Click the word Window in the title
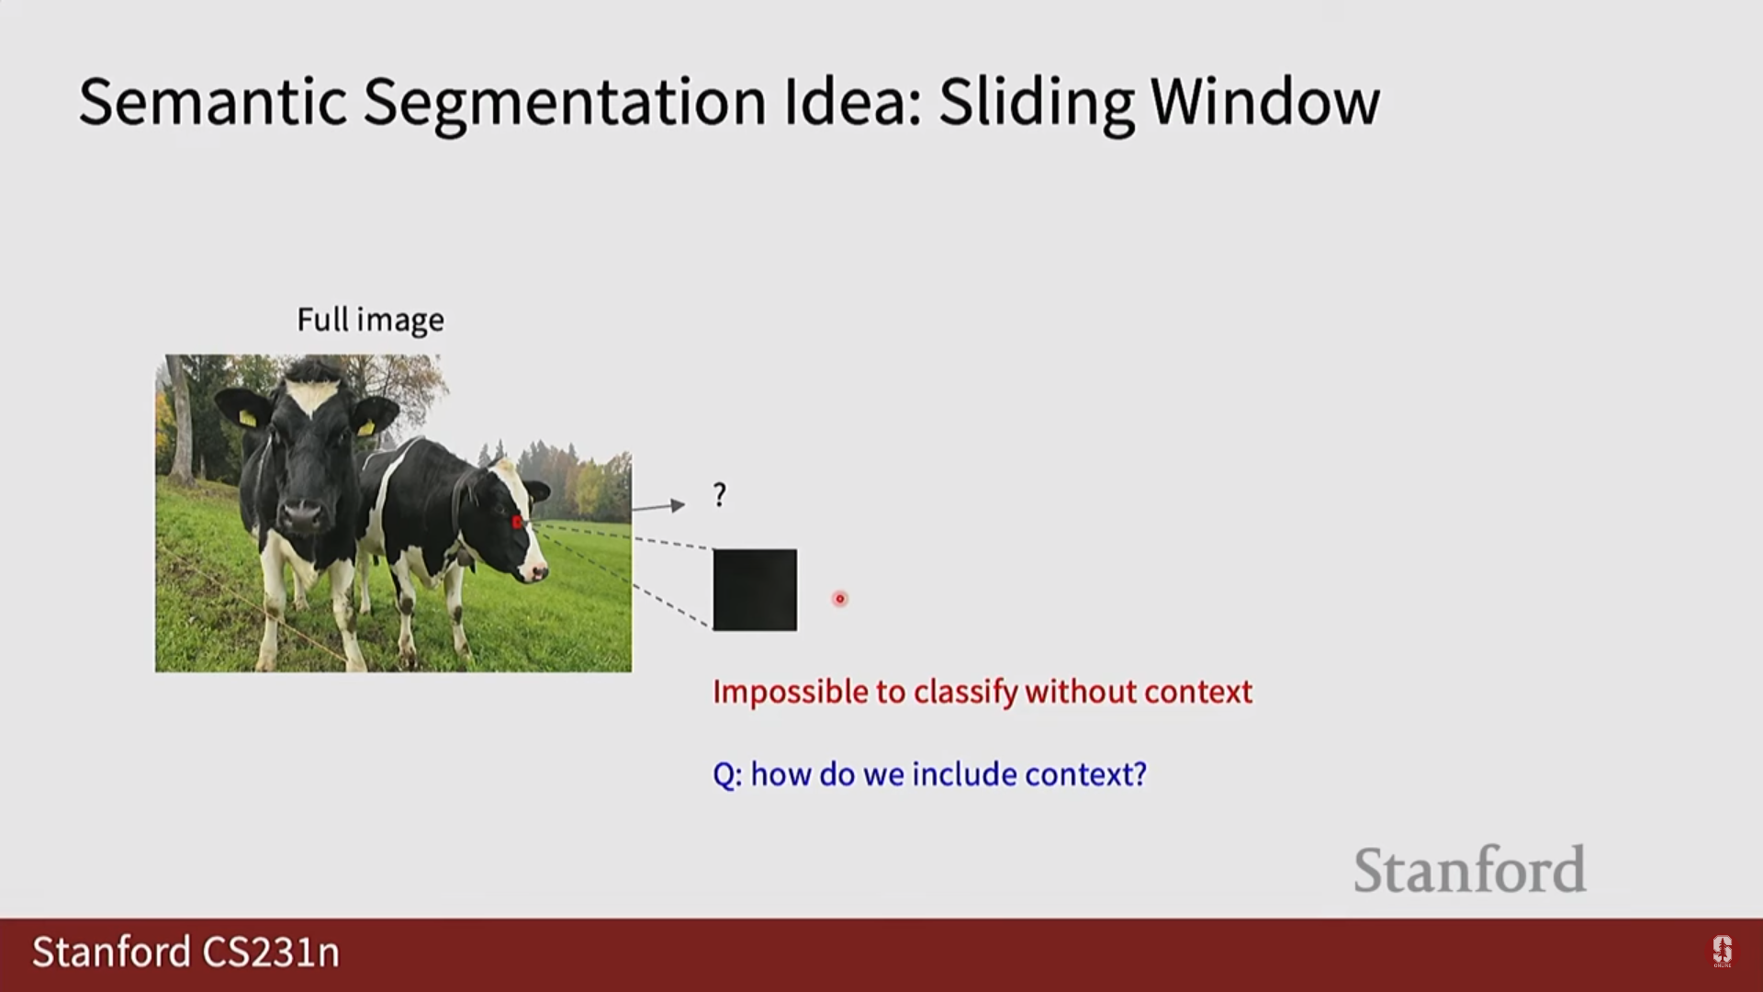click(x=1265, y=101)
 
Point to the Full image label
click(x=371, y=321)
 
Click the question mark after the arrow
click(x=720, y=495)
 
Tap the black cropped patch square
click(x=755, y=590)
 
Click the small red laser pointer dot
click(x=839, y=599)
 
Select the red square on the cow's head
click(x=517, y=523)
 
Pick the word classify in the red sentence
click(x=965, y=692)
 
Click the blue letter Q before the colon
click(x=724, y=774)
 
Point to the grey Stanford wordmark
click(x=1469, y=870)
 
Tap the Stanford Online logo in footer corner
click(x=1722, y=952)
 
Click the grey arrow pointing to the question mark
click(x=658, y=506)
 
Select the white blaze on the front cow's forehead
click(x=310, y=397)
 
